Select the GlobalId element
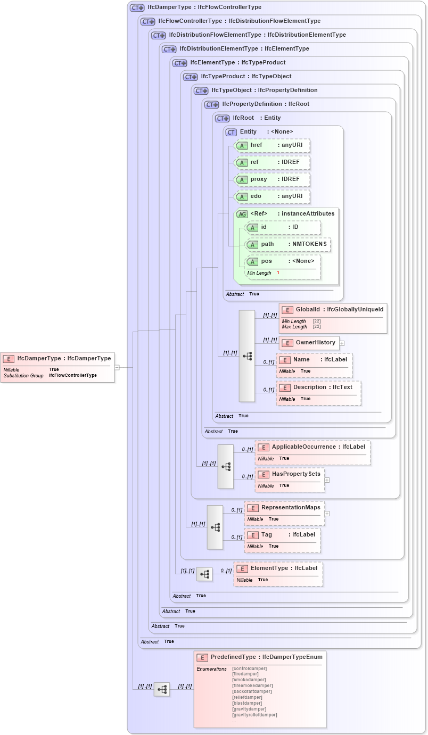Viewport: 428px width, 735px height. tap(333, 310)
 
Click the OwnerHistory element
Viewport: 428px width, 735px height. tap(309, 343)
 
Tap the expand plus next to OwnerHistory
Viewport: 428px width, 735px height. tap(342, 343)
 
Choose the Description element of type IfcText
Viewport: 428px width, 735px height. tap(318, 387)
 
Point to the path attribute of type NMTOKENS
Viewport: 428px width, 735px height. tap(287, 244)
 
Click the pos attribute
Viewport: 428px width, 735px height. tap(282, 261)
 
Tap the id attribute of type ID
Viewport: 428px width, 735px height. tap(282, 227)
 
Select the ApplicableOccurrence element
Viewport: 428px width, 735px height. tap(312, 447)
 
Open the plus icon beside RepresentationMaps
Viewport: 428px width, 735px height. tap(327, 514)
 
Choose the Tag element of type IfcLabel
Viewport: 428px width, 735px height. tap(282, 535)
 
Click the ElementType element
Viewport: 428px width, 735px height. tap(278, 568)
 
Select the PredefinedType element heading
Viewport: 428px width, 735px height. tap(260, 657)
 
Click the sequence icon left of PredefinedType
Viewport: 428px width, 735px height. tap(162, 690)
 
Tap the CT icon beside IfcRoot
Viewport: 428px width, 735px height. tap(223, 118)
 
